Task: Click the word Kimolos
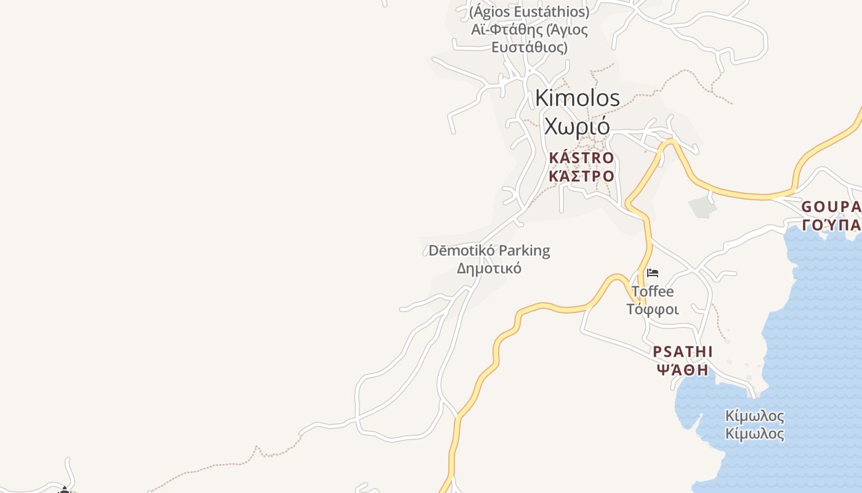[x=577, y=98]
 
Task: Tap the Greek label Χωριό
[x=577, y=126]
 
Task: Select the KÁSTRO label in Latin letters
[x=581, y=158]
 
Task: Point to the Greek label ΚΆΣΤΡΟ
[x=581, y=176]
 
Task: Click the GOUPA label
[x=831, y=206]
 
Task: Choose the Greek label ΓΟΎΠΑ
[x=831, y=224]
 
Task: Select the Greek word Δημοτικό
[x=489, y=268]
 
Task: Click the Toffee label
[x=653, y=291]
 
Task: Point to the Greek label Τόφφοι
[x=653, y=309]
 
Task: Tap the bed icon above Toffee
[x=653, y=272]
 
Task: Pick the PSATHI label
[x=682, y=352]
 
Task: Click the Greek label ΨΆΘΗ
[x=682, y=370]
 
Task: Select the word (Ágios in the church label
[x=491, y=12]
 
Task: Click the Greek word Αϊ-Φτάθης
[x=499, y=30]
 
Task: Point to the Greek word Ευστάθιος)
[x=530, y=47]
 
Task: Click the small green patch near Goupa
[x=702, y=207]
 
